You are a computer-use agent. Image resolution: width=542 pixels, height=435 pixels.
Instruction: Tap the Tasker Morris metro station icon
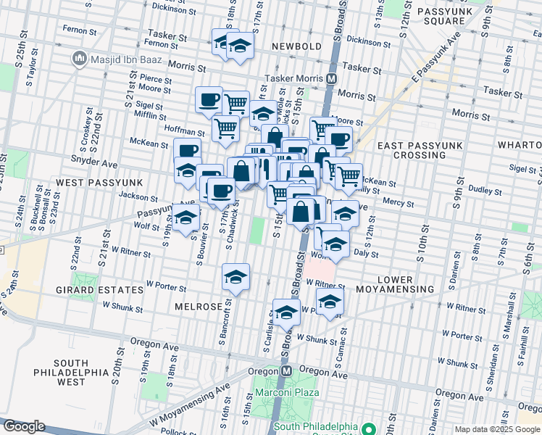(x=332, y=78)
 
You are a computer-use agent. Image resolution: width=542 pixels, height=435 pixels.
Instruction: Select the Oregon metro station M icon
(x=286, y=370)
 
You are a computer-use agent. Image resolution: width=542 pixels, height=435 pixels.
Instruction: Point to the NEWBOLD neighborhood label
(x=296, y=46)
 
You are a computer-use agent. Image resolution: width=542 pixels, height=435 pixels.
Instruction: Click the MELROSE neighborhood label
(x=198, y=307)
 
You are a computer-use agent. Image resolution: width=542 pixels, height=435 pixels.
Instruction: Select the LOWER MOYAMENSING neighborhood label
(x=404, y=284)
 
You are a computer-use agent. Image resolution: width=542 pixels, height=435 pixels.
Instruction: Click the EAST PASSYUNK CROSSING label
(x=419, y=150)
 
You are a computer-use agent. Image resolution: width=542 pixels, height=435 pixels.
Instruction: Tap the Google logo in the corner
(x=24, y=426)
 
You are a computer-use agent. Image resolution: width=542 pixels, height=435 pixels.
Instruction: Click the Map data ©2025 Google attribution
(x=497, y=429)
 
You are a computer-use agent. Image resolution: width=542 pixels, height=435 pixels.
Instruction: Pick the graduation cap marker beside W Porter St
(x=235, y=277)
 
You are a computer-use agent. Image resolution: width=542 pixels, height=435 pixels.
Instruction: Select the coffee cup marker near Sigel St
(x=209, y=99)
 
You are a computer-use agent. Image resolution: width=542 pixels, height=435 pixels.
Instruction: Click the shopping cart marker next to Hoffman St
(x=226, y=129)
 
